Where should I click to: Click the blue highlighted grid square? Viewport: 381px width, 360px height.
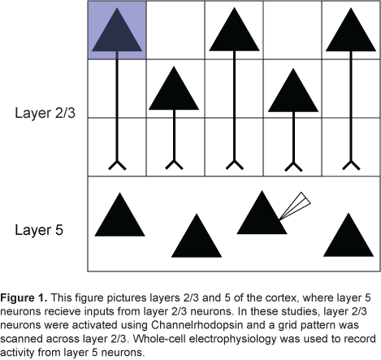tap(117, 30)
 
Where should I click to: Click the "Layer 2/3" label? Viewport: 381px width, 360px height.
tap(45, 113)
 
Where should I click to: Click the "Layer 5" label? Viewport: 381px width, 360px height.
tap(39, 230)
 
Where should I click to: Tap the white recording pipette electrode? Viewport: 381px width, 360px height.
tap(295, 206)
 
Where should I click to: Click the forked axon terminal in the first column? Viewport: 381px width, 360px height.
tap(117, 165)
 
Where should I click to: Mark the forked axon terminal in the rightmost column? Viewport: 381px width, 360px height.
tap(351, 165)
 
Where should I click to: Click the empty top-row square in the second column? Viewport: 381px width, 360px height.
tap(175, 30)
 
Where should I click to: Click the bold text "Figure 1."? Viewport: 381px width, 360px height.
tap(24, 297)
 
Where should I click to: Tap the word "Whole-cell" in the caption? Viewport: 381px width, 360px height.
tap(159, 339)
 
